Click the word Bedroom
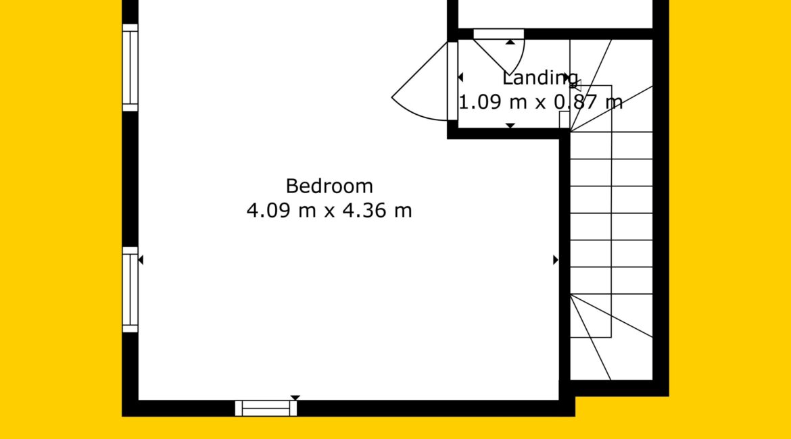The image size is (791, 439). [x=329, y=186]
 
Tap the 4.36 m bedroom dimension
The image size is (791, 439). [x=377, y=210]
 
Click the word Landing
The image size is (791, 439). [x=540, y=79]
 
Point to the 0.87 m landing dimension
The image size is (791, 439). [x=588, y=102]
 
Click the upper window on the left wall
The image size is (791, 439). [x=130, y=68]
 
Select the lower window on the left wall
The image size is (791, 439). [x=130, y=290]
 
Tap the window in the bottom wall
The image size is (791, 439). [x=266, y=408]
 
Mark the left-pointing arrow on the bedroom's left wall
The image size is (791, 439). [x=141, y=260]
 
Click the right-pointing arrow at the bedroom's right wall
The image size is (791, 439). [x=556, y=260]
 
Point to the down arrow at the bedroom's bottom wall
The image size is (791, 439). [x=295, y=398]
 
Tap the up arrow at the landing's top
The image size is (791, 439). [x=510, y=43]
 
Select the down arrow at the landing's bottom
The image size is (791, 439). [x=510, y=126]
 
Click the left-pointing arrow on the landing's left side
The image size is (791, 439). [x=460, y=78]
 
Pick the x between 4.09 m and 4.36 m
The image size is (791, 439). [x=329, y=211]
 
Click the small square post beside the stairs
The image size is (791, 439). [x=565, y=120]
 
